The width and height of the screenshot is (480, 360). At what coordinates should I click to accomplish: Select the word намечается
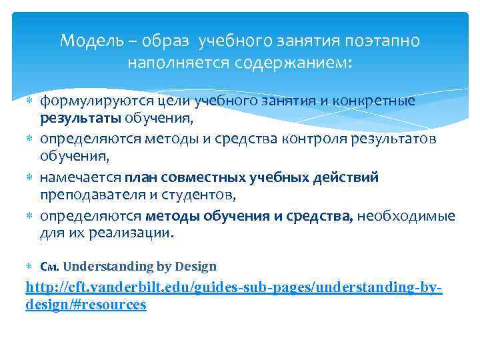click(x=80, y=177)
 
